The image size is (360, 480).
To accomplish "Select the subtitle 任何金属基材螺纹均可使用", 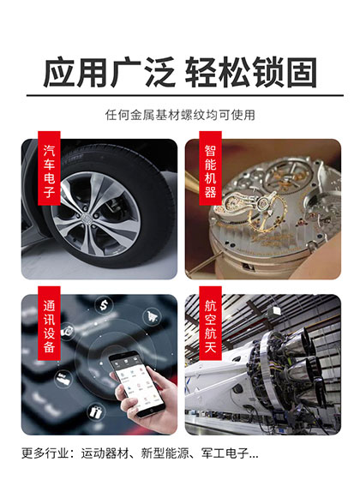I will pos(180,114).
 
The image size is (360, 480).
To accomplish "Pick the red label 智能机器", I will pos(210,171).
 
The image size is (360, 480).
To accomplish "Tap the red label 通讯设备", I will pos(49,326).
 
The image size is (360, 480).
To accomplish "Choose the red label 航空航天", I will pos(210,326).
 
